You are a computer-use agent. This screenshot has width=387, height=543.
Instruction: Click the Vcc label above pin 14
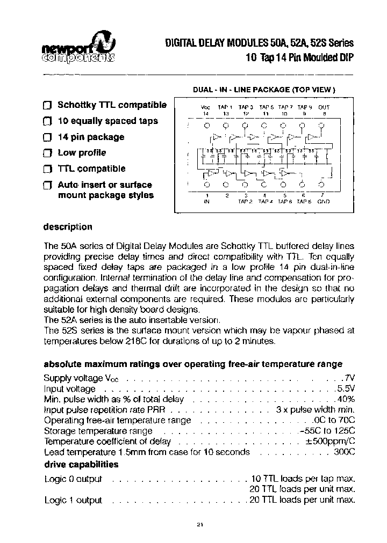coord(205,107)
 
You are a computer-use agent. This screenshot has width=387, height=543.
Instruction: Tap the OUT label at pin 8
coord(324,107)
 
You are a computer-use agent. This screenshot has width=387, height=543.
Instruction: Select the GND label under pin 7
coord(324,201)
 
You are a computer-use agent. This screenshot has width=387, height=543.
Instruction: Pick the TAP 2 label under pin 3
coord(246,201)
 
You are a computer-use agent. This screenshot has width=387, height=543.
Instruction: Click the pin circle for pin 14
coord(206,125)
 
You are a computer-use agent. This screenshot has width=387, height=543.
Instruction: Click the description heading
coord(68,227)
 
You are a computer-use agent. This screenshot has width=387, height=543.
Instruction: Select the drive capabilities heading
coord(81,464)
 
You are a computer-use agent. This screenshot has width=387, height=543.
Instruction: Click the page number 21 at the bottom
coord(199,525)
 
